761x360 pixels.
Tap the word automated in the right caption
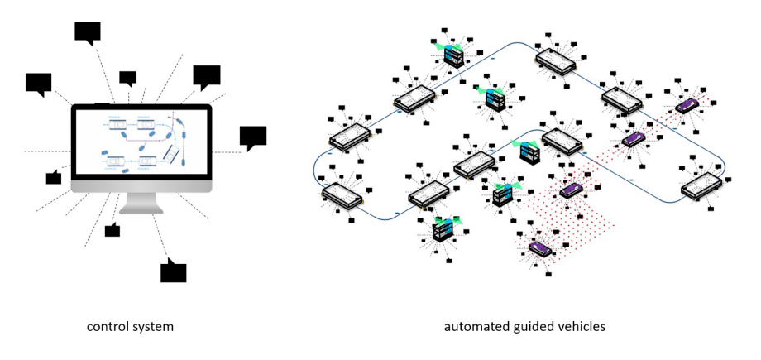[475, 327]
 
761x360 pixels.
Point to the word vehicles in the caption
[579, 327]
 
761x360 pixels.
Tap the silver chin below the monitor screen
[141, 185]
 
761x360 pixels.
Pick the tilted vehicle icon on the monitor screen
[171, 153]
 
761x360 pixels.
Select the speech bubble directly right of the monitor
[252, 137]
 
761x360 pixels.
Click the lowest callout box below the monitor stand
[173, 271]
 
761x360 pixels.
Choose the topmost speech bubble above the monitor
[88, 32]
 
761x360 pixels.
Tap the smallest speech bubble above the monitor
[127, 78]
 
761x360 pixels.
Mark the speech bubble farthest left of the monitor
[39, 83]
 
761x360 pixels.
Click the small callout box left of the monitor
[54, 177]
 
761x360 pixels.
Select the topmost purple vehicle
[687, 105]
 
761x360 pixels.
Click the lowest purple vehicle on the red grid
[540, 247]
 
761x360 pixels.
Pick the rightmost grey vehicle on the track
[701, 186]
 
